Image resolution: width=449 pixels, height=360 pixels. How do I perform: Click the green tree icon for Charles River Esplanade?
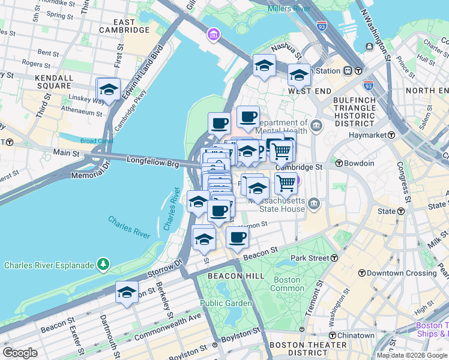(104, 264)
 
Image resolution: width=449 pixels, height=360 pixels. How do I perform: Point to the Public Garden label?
(226, 303)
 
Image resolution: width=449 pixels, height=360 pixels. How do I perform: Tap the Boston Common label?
(288, 284)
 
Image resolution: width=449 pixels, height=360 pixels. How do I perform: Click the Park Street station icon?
(335, 258)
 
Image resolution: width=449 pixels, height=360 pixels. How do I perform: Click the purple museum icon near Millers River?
(212, 36)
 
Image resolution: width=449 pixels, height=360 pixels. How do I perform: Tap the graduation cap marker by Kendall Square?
(108, 89)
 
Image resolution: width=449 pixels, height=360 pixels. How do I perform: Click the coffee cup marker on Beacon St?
(237, 238)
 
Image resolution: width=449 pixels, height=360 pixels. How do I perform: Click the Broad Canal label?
(97, 142)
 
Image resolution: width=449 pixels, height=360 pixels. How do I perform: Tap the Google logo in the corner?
(20, 353)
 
